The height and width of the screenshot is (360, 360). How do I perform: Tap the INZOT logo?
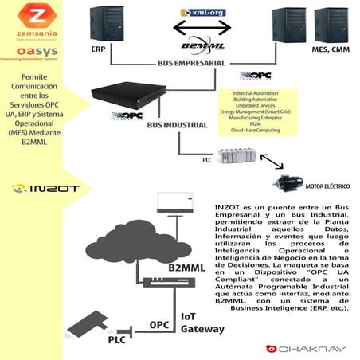pos(40,188)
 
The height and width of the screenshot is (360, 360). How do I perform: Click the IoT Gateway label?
pos(201,320)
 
